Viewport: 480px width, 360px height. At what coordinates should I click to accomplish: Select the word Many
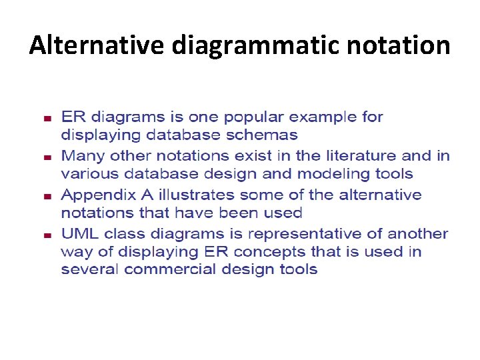coord(81,156)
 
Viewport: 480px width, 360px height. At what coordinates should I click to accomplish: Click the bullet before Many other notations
coord(47,157)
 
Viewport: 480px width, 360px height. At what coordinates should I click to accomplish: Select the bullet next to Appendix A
coord(47,197)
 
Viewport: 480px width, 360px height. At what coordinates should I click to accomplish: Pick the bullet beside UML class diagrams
coord(47,235)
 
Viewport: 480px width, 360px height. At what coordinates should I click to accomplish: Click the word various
coord(86,174)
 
